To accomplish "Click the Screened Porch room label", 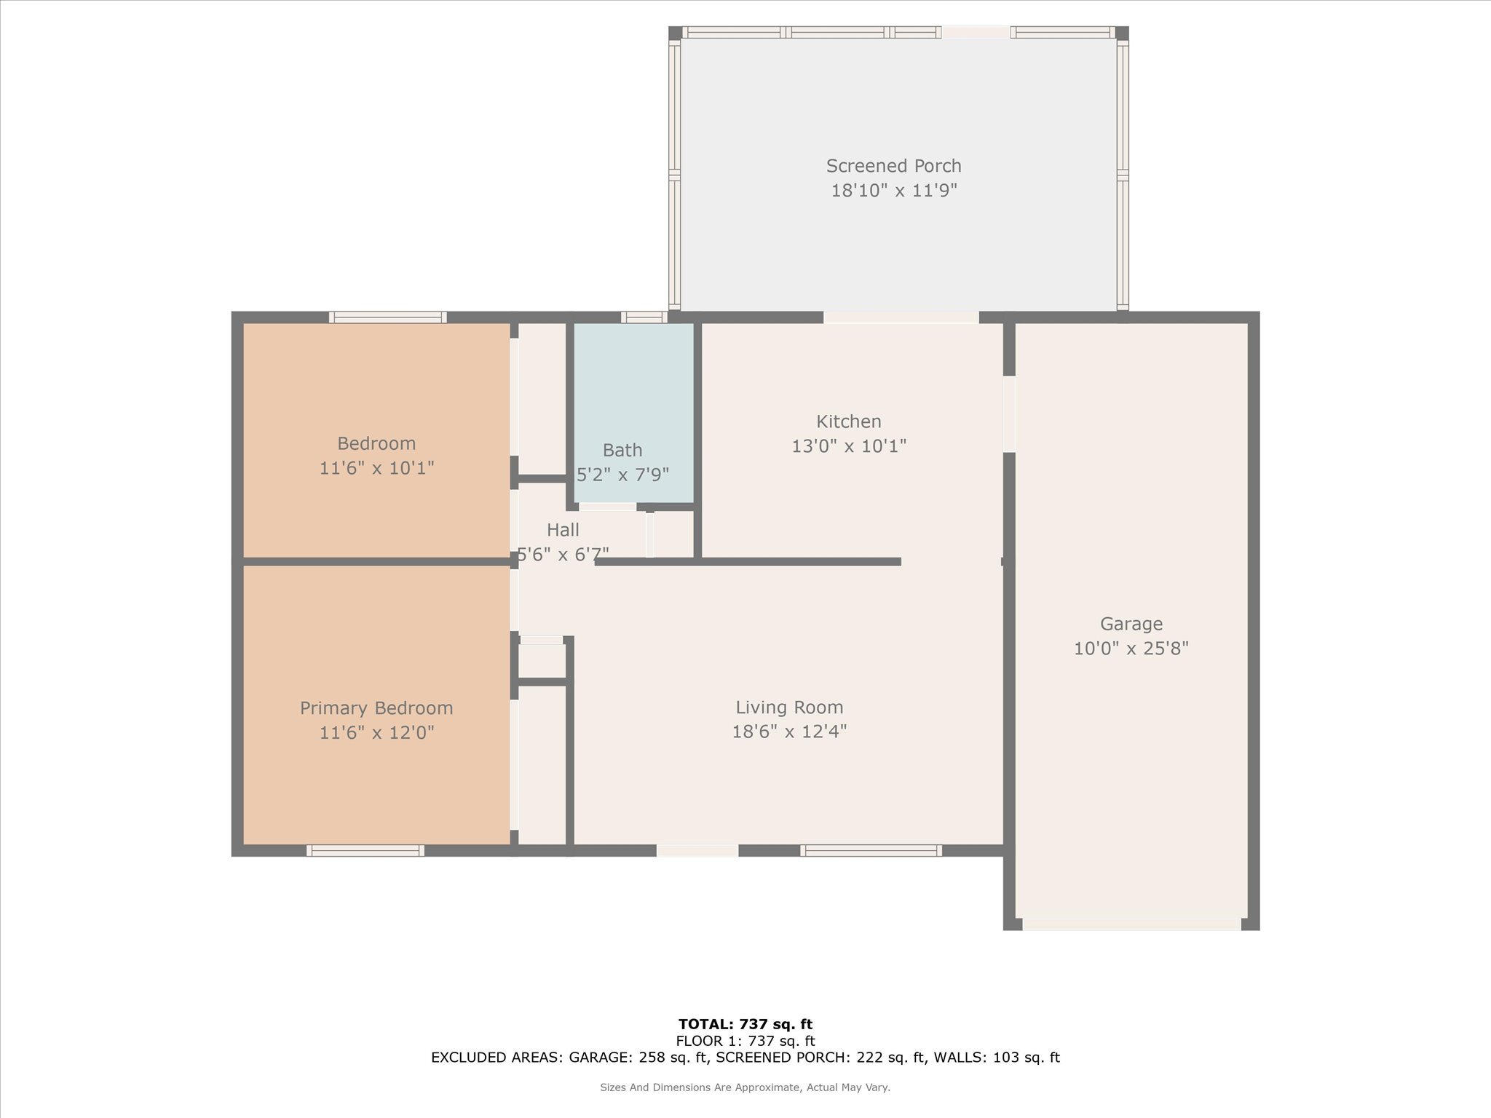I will pos(893,166).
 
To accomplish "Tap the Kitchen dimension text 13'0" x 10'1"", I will pos(849,445).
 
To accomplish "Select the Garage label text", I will pos(1131,624).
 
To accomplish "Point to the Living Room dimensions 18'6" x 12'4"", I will pos(789,731).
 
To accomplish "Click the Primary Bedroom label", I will pos(376,708).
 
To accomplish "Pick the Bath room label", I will pos(622,450).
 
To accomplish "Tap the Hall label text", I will pos(563,530).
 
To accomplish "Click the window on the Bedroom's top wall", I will pos(387,317).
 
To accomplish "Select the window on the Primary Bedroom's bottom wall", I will pos(365,850).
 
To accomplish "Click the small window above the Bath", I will pos(644,317).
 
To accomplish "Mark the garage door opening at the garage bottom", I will pos(1131,924).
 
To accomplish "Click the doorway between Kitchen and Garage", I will pos(1009,413).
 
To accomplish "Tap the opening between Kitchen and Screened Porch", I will pos(901,317).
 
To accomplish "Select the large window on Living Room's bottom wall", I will pos(871,850).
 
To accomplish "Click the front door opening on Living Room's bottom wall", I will pos(697,850).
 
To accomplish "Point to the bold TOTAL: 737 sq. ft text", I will pos(745,1024).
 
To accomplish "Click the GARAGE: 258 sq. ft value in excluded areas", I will pos(638,1058).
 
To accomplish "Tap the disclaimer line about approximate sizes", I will pos(745,1087).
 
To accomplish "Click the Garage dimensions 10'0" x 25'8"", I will pos(1131,648).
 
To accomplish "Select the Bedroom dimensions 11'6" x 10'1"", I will pos(376,468).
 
